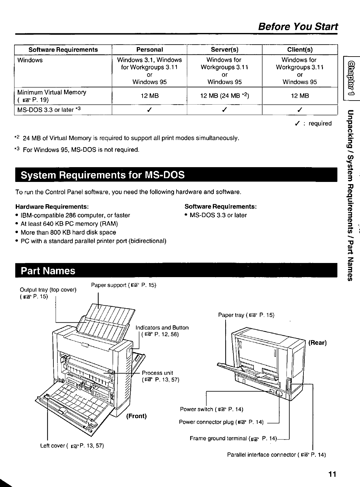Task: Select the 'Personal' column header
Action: [x=150, y=50]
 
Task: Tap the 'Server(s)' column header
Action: [x=224, y=50]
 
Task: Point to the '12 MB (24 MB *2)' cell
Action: [x=224, y=96]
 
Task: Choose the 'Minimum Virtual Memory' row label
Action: [x=52, y=92]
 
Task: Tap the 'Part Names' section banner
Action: [x=48, y=271]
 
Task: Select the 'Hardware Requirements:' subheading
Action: [x=52, y=207]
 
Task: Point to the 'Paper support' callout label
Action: [x=123, y=285]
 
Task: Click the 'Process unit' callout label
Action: [x=157, y=373]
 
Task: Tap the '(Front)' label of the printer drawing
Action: [x=136, y=416]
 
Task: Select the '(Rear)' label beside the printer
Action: [x=317, y=342]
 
